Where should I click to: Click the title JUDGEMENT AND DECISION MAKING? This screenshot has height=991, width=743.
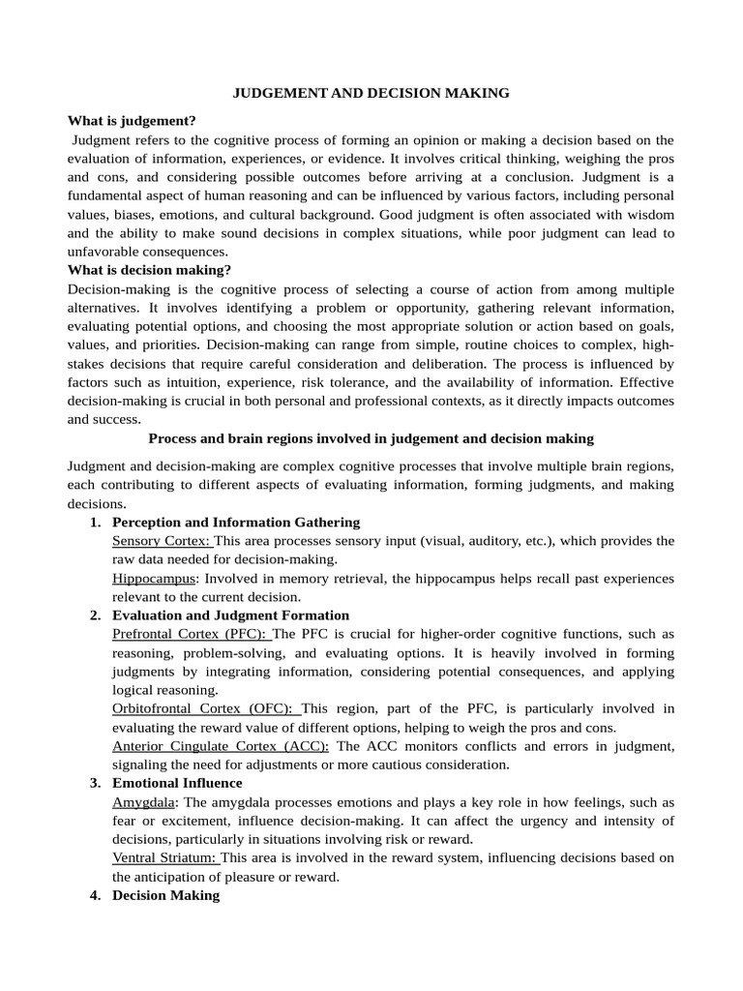(x=371, y=93)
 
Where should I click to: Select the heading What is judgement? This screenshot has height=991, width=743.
(x=132, y=121)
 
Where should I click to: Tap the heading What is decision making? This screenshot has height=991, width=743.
(x=149, y=270)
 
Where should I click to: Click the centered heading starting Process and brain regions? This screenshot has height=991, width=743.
(x=371, y=438)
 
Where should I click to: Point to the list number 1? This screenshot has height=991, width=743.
(x=94, y=522)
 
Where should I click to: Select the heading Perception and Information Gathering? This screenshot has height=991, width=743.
(x=236, y=522)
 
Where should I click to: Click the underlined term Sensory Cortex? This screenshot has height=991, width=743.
(x=161, y=541)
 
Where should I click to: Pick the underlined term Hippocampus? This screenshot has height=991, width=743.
(x=154, y=578)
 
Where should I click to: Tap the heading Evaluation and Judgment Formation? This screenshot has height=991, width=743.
(x=231, y=616)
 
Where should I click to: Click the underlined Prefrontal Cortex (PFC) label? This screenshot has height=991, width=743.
(x=191, y=634)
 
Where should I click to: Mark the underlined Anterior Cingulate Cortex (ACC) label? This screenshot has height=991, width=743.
(x=221, y=746)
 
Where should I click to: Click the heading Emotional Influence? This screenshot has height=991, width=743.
(x=177, y=783)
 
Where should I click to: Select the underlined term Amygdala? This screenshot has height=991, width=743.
(x=145, y=802)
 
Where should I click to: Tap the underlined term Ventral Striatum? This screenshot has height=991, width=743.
(x=164, y=857)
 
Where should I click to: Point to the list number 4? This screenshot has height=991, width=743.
(x=94, y=895)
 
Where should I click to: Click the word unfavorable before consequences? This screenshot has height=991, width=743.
(x=108, y=252)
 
